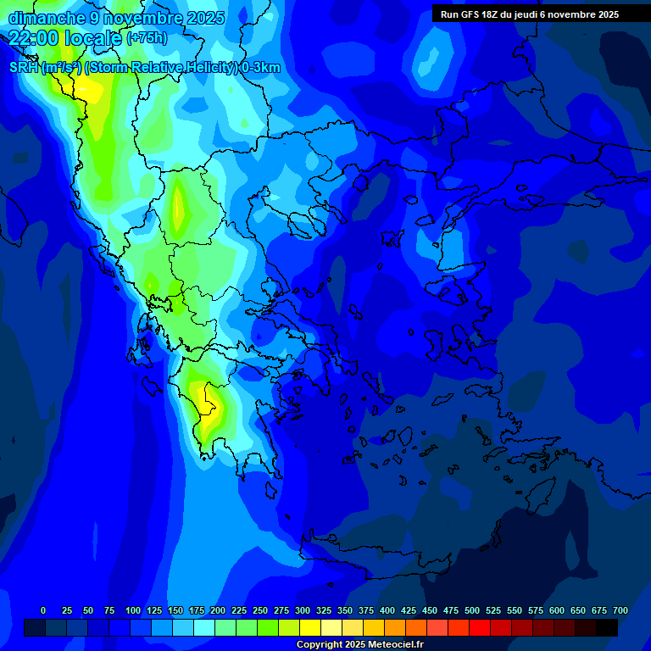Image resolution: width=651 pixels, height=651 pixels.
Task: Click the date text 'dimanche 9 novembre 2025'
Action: [116, 18]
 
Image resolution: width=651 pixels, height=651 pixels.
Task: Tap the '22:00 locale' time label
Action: [65, 37]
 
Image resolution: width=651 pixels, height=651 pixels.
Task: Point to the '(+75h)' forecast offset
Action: [147, 38]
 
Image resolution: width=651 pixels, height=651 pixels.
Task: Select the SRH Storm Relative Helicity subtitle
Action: [145, 68]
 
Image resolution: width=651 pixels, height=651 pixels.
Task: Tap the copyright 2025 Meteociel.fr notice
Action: [359, 645]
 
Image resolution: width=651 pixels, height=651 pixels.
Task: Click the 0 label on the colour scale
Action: [43, 610]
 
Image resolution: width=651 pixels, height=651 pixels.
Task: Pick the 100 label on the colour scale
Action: [133, 610]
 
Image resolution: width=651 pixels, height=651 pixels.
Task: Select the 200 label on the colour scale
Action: [218, 610]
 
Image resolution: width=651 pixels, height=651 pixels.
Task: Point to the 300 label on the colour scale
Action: [303, 610]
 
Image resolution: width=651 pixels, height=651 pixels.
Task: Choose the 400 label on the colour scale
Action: [387, 610]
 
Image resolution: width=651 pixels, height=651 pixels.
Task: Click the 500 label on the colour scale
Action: [472, 610]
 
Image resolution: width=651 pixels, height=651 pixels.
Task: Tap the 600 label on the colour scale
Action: [557, 610]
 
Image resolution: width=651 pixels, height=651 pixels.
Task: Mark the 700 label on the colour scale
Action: [620, 610]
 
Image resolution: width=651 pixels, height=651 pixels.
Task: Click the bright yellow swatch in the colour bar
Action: [310, 628]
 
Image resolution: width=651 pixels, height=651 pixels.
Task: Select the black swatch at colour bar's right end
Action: [607, 628]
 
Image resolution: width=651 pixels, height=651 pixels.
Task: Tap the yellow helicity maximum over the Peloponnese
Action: [205, 398]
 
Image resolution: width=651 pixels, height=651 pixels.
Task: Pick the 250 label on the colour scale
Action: [260, 610]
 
